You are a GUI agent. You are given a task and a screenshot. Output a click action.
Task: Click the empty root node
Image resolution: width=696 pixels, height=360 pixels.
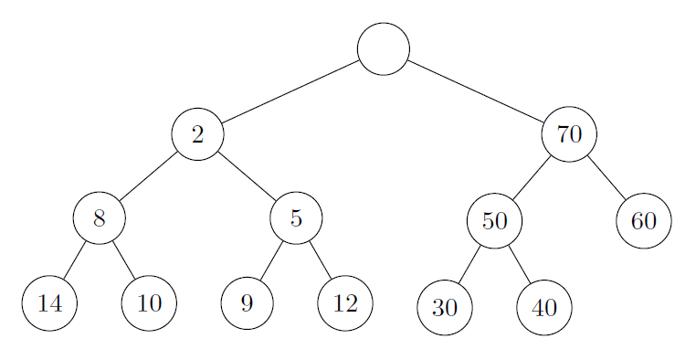[x=384, y=48]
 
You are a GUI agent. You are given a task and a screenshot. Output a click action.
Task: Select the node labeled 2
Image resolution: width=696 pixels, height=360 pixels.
[x=197, y=134]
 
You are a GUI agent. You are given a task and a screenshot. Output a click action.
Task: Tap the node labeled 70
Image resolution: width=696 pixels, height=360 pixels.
[x=569, y=134]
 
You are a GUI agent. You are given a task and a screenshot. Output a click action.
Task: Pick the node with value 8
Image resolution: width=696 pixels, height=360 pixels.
[x=99, y=218]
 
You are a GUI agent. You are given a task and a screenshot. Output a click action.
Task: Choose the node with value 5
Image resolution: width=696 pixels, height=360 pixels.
[x=296, y=218]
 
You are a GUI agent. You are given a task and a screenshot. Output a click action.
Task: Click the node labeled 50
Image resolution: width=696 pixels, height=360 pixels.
[x=494, y=220]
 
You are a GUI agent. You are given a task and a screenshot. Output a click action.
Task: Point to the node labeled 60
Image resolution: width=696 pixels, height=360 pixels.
[x=644, y=220]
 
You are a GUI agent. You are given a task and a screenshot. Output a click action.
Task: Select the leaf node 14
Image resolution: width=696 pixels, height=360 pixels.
[x=50, y=302]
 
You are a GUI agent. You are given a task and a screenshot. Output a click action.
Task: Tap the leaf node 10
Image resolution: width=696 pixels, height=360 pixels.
[x=148, y=302]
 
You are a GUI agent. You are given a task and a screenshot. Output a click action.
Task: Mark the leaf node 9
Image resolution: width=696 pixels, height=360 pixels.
[x=247, y=302]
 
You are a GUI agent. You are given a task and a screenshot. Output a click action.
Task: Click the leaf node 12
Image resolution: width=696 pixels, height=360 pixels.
[x=345, y=302]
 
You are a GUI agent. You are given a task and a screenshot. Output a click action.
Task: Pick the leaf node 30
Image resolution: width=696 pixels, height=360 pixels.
[x=445, y=308]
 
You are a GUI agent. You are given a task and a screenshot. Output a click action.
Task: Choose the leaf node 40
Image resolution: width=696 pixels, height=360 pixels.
[x=543, y=308]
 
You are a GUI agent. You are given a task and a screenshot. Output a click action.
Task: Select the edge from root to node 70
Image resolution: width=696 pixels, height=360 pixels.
[x=476, y=91]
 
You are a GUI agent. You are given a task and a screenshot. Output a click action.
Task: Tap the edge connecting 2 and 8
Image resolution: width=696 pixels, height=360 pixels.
[x=148, y=175]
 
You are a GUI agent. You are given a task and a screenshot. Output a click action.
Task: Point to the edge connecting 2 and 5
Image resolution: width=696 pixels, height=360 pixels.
[x=247, y=175]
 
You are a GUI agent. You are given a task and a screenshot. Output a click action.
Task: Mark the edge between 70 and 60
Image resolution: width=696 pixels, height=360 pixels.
[x=606, y=177]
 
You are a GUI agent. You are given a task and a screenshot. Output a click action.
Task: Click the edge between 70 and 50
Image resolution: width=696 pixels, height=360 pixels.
[x=532, y=177]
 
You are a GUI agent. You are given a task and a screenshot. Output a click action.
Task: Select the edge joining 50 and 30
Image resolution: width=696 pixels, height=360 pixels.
[x=469, y=264]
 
